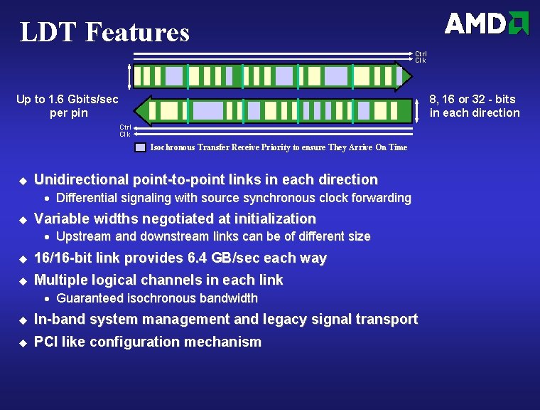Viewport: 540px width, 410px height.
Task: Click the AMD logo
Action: [487, 23]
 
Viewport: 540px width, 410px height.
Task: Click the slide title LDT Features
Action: [104, 32]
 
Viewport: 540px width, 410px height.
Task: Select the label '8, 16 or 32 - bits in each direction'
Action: [475, 105]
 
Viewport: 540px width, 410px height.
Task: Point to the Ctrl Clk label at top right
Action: [421, 57]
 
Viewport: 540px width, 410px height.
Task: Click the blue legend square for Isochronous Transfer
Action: [141, 147]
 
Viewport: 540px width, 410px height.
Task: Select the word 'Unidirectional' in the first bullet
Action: [80, 179]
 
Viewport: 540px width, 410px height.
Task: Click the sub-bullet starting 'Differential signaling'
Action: [233, 198]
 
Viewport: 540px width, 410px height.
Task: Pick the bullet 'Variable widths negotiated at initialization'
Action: [175, 219]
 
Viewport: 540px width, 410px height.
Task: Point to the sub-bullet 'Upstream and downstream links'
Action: [212, 236]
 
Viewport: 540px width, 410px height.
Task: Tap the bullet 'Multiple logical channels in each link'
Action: [158, 280]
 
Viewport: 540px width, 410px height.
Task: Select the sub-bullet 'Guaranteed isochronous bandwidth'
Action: [156, 298]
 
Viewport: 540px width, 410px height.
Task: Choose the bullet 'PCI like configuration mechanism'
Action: [148, 342]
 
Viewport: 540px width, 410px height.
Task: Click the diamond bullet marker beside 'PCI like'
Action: [22, 342]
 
